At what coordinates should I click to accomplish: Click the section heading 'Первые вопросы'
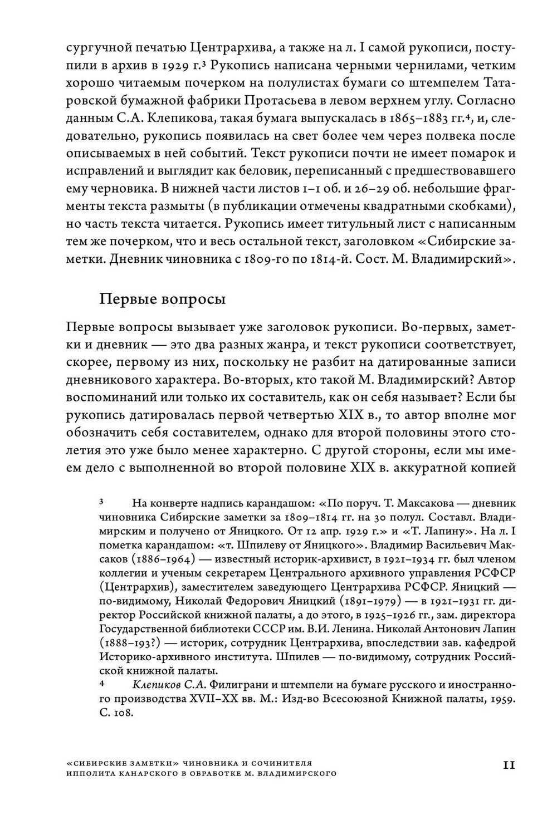coord(162,299)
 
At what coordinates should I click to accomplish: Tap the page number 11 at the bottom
coord(509,765)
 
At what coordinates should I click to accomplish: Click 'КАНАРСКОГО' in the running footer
coord(150,773)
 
